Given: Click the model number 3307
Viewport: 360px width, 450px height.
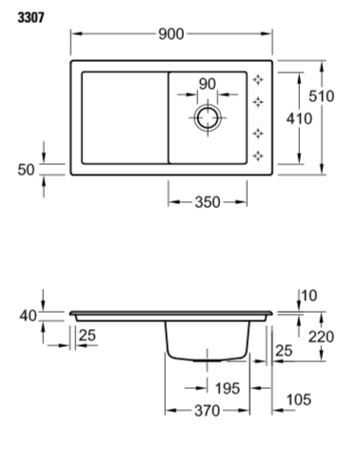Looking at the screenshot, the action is [x=30, y=17].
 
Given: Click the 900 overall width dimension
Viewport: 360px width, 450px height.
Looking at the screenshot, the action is [x=171, y=34].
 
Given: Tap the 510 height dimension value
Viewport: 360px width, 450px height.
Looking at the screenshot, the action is [x=321, y=96].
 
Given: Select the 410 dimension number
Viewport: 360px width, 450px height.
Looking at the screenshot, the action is [x=299, y=119].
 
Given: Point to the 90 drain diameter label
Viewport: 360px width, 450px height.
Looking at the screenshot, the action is [x=208, y=84].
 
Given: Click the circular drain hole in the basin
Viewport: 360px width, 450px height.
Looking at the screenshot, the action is [x=208, y=117].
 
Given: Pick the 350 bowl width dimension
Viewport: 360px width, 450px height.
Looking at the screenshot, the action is [x=208, y=202].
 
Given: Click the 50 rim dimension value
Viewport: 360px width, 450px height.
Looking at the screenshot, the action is [x=26, y=170].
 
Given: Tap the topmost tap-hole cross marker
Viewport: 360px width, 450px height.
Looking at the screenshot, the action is [x=258, y=79].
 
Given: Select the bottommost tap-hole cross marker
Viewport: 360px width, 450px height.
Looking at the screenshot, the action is [x=258, y=155].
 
